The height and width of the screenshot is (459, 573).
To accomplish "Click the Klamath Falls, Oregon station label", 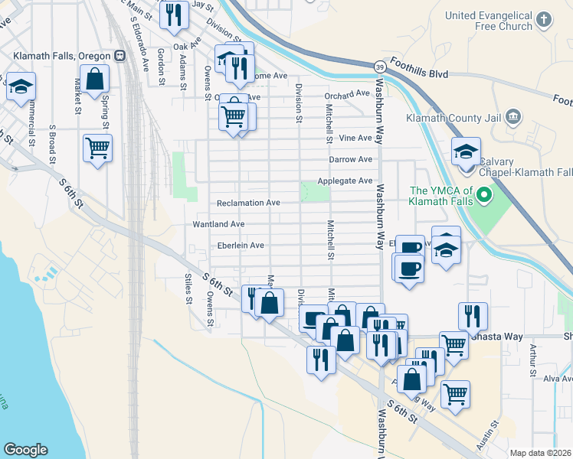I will pos(62,56).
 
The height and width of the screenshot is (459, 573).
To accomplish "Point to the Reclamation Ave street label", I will pos(248,203).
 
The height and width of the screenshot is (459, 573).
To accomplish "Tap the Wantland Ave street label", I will pos(218,224).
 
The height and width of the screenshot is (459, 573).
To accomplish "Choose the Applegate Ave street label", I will pos(350,181).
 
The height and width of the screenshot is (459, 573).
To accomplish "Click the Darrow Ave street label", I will pos(350,159).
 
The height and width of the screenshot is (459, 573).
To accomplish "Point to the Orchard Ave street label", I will pos(347,94).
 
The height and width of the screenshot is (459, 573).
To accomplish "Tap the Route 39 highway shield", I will pos(379,67).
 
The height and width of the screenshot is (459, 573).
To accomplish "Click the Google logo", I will pos(25,449).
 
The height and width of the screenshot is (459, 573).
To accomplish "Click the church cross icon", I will pos(543,20).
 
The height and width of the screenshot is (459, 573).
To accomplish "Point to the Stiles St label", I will pos(187,288).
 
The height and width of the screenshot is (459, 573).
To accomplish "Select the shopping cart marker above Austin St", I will pos(455,394).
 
